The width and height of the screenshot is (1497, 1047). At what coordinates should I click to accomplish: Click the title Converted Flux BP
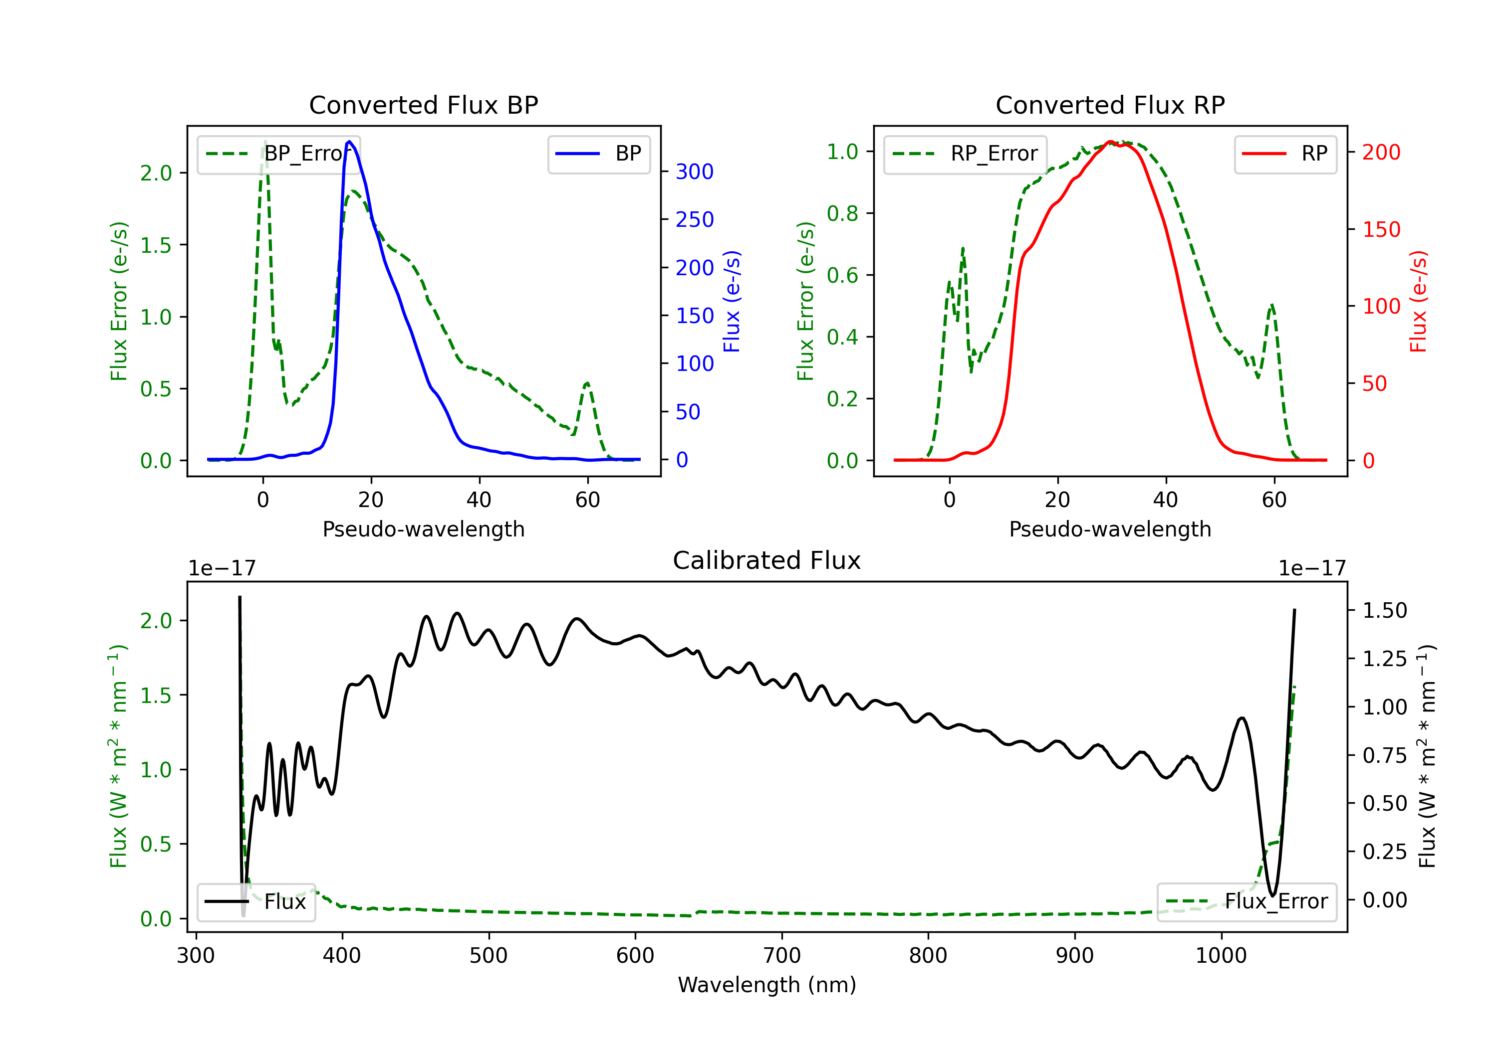(x=423, y=105)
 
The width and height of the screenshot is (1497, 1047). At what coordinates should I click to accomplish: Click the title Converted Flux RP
(x=1110, y=105)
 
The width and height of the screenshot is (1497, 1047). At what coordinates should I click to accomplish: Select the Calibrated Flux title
(x=767, y=560)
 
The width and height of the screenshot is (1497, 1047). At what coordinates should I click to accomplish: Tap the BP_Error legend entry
(x=279, y=154)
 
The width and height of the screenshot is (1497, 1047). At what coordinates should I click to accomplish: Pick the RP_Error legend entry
(x=965, y=154)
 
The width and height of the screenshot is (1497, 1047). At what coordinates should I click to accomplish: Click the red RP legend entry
(x=1285, y=154)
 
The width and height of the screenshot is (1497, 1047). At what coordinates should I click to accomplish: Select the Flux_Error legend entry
(x=1247, y=902)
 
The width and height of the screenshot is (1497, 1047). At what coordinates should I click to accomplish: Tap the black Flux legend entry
(x=255, y=902)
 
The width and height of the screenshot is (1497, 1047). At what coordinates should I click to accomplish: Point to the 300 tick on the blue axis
(x=695, y=172)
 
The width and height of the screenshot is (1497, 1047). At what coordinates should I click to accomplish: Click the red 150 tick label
(x=1381, y=229)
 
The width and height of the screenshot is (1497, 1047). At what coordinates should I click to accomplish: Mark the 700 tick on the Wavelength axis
(x=782, y=955)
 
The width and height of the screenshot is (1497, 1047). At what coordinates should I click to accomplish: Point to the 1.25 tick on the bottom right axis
(x=1385, y=659)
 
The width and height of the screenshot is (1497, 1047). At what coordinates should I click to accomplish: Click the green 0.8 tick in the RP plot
(x=842, y=214)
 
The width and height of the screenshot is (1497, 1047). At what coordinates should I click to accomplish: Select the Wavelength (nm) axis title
(x=767, y=985)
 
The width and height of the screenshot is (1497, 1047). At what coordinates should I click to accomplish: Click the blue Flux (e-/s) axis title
(x=732, y=301)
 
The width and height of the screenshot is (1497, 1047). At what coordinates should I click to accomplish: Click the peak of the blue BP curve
(x=349, y=142)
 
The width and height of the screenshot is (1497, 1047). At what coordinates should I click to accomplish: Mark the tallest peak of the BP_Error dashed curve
(x=264, y=142)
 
